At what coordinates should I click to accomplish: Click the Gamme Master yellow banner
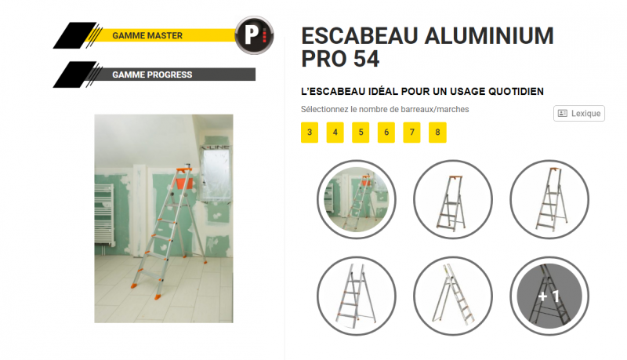[x=160, y=35]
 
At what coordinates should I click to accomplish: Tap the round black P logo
[x=254, y=35]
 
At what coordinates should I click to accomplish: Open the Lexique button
[x=579, y=113]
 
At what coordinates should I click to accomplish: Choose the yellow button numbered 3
[x=310, y=133]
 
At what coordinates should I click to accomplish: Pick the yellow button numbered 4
[x=335, y=133]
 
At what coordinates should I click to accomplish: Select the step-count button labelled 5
[x=361, y=133]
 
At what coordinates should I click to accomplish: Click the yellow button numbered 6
[x=386, y=133]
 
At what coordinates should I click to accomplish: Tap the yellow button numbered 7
[x=412, y=133]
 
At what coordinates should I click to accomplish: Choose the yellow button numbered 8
[x=437, y=133]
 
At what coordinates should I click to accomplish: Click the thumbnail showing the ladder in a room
[x=357, y=199]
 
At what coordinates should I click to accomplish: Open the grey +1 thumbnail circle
[x=549, y=296]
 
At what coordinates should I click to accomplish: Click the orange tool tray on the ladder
[x=184, y=184]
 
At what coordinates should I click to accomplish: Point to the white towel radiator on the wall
[x=104, y=214]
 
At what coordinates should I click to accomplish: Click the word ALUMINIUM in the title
[x=489, y=36]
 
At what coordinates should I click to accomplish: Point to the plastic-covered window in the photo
[x=216, y=173]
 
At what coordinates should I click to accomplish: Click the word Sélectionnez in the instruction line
[x=324, y=109]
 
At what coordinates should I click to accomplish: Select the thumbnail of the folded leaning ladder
[x=453, y=296]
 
